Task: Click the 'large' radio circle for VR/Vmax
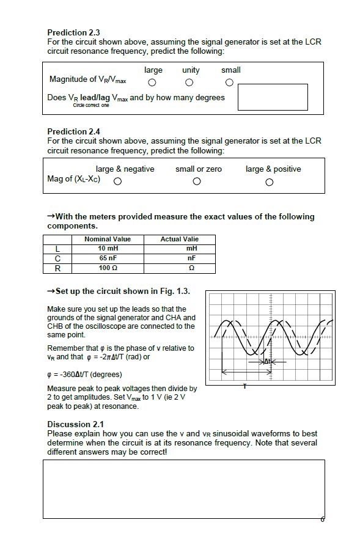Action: [152, 82]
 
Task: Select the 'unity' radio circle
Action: [189, 82]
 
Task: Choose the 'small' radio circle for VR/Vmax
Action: [229, 82]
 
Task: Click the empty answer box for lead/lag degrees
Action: [272, 97]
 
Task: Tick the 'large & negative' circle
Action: [117, 182]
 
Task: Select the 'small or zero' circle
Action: [197, 182]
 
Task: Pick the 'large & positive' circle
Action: [270, 182]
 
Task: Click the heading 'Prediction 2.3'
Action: [73, 32]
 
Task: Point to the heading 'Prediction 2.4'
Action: [73, 131]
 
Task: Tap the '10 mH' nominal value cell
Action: [108, 249]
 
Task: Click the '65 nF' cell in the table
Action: [108, 258]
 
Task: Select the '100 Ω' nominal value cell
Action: [108, 268]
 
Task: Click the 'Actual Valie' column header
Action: [179, 239]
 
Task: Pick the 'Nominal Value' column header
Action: [108, 239]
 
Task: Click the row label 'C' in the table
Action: [57, 258]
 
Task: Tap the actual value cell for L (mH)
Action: [179, 249]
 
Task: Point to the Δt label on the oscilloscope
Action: [266, 362]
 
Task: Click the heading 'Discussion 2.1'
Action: [75, 424]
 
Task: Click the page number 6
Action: [322, 519]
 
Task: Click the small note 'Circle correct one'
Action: [91, 106]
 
